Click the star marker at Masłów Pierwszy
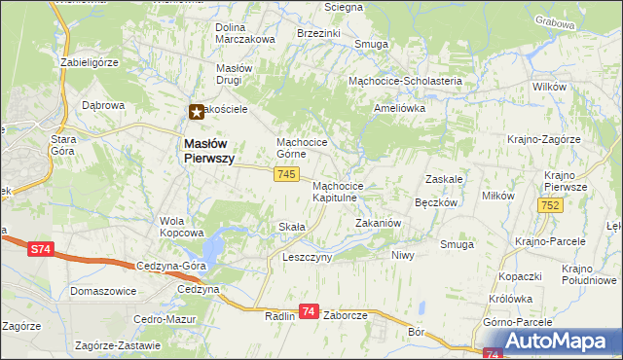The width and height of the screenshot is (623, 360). [x=197, y=112]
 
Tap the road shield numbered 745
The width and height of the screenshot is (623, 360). [x=285, y=173]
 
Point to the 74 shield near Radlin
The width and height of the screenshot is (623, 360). [x=309, y=311]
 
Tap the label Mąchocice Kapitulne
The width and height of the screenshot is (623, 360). [x=338, y=192]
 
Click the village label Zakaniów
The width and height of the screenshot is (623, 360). [x=379, y=223]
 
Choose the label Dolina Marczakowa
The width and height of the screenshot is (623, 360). [x=245, y=33]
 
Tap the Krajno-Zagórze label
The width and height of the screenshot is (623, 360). [x=543, y=139]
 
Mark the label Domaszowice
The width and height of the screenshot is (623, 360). [x=103, y=291]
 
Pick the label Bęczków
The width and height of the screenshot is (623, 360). [x=436, y=203]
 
